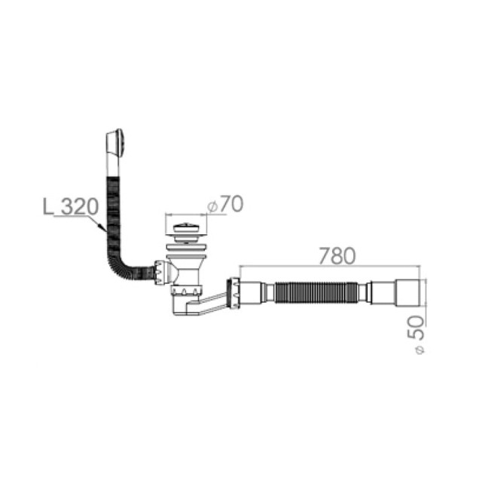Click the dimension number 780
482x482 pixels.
coord(337,255)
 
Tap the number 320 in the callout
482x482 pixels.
coord(80,206)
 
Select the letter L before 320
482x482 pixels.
coord(48,206)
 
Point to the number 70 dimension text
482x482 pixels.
coord(231,203)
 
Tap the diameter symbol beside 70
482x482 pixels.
coord(212,207)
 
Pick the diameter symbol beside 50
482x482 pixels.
coord(420,350)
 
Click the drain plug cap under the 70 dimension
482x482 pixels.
coord(186,227)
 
